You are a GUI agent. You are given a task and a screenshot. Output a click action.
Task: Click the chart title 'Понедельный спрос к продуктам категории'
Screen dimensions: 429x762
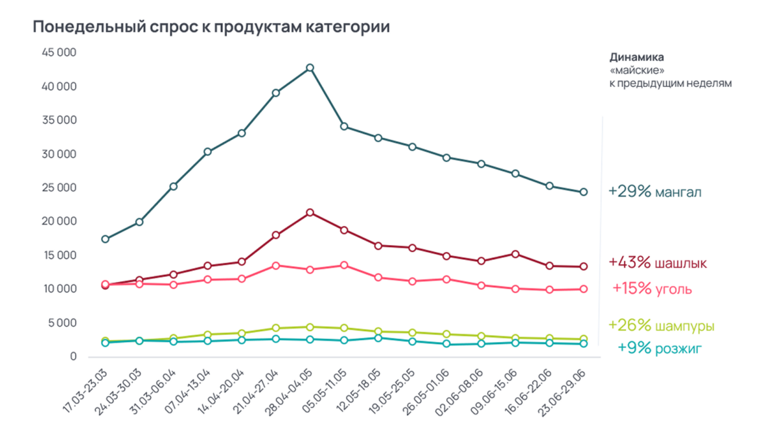click(x=211, y=27)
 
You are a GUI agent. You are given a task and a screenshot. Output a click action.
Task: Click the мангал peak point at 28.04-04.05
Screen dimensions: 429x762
click(x=310, y=67)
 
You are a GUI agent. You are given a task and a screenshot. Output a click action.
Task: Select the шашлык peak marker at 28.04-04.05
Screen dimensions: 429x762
click(x=310, y=213)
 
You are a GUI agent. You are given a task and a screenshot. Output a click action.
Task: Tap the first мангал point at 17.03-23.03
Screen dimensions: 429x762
click(x=105, y=239)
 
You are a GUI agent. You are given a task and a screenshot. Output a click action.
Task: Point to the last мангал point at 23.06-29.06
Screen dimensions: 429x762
click(x=583, y=192)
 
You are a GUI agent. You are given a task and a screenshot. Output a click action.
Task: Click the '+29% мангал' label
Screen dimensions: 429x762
click(x=654, y=192)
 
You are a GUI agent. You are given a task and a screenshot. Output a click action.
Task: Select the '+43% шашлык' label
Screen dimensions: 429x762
click(x=657, y=263)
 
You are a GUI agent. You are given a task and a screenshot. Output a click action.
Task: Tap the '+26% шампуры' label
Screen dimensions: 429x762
click(x=661, y=325)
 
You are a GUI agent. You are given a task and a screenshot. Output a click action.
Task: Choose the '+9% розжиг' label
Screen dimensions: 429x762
click(x=660, y=349)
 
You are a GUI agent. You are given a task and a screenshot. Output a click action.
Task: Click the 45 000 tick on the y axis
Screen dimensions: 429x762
click(x=59, y=53)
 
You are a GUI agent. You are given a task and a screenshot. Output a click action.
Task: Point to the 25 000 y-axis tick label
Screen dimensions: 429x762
click(x=59, y=188)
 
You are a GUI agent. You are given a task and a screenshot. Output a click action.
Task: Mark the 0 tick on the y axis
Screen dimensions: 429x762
click(x=73, y=356)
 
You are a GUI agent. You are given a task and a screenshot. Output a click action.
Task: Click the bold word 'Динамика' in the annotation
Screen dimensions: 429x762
click(x=636, y=57)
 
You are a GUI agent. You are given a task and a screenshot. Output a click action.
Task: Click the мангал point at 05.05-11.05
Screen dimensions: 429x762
click(x=344, y=126)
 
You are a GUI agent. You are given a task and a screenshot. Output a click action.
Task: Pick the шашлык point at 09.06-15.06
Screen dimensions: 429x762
click(x=515, y=254)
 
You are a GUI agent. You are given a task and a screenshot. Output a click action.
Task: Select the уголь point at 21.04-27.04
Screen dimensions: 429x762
click(x=275, y=266)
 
